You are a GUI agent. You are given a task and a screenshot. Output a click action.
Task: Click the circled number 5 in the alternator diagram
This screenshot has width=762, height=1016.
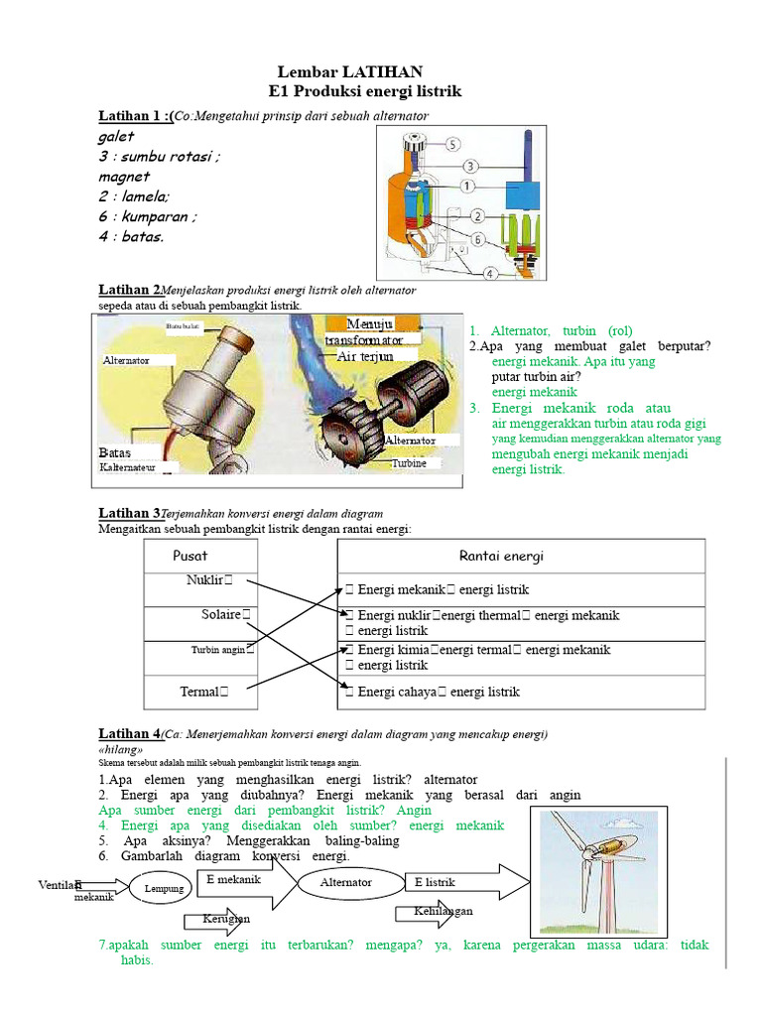452,144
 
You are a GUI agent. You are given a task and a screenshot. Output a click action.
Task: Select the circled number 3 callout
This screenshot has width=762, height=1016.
470,166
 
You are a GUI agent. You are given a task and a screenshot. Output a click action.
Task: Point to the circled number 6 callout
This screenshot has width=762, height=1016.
478,240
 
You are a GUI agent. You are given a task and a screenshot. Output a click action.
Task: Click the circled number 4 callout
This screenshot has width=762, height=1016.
490,273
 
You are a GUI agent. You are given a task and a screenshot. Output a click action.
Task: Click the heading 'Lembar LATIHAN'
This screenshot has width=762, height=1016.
349,71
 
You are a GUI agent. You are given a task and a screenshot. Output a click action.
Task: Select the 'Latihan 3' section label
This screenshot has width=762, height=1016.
129,513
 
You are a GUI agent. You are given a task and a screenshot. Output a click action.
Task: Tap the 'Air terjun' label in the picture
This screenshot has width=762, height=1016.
365,356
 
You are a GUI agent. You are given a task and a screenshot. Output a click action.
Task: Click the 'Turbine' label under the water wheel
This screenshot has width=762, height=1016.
409,463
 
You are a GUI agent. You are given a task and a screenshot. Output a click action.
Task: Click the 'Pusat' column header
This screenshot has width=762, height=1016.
190,556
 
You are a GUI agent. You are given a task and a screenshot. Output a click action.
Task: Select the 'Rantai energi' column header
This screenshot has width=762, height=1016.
501,556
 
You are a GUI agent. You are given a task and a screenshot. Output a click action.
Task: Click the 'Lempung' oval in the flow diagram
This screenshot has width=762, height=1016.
165,888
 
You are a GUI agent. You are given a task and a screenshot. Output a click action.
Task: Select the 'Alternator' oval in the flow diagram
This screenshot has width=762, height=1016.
346,882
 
